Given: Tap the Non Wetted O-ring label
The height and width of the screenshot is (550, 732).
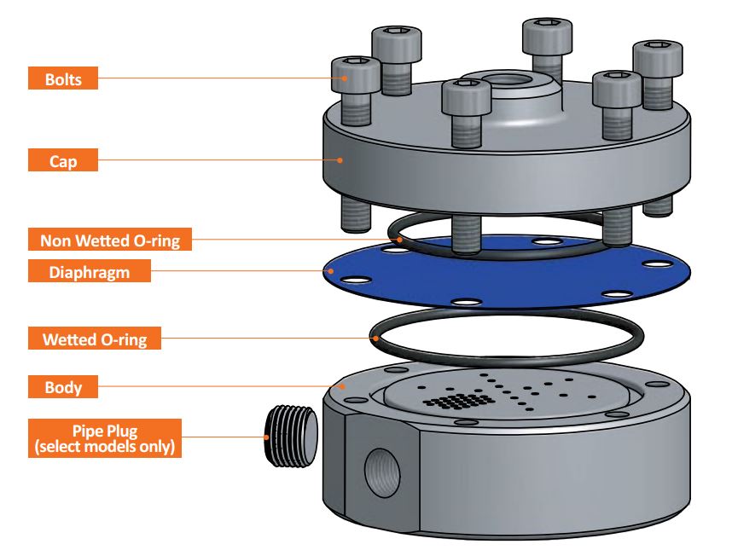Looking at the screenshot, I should click(x=109, y=240).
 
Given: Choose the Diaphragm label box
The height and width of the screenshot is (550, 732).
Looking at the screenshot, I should click(x=90, y=272).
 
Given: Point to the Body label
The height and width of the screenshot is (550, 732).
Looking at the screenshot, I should click(x=63, y=388).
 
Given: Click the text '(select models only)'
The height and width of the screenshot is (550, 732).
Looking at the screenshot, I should click(x=104, y=446).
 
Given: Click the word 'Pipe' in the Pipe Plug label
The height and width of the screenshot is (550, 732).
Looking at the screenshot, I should click(x=84, y=431).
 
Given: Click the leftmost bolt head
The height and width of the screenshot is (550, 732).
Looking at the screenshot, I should click(x=355, y=72).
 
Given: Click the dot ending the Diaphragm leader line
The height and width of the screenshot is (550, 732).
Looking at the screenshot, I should click(x=327, y=272).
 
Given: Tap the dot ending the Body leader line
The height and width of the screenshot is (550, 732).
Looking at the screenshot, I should click(x=341, y=386).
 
